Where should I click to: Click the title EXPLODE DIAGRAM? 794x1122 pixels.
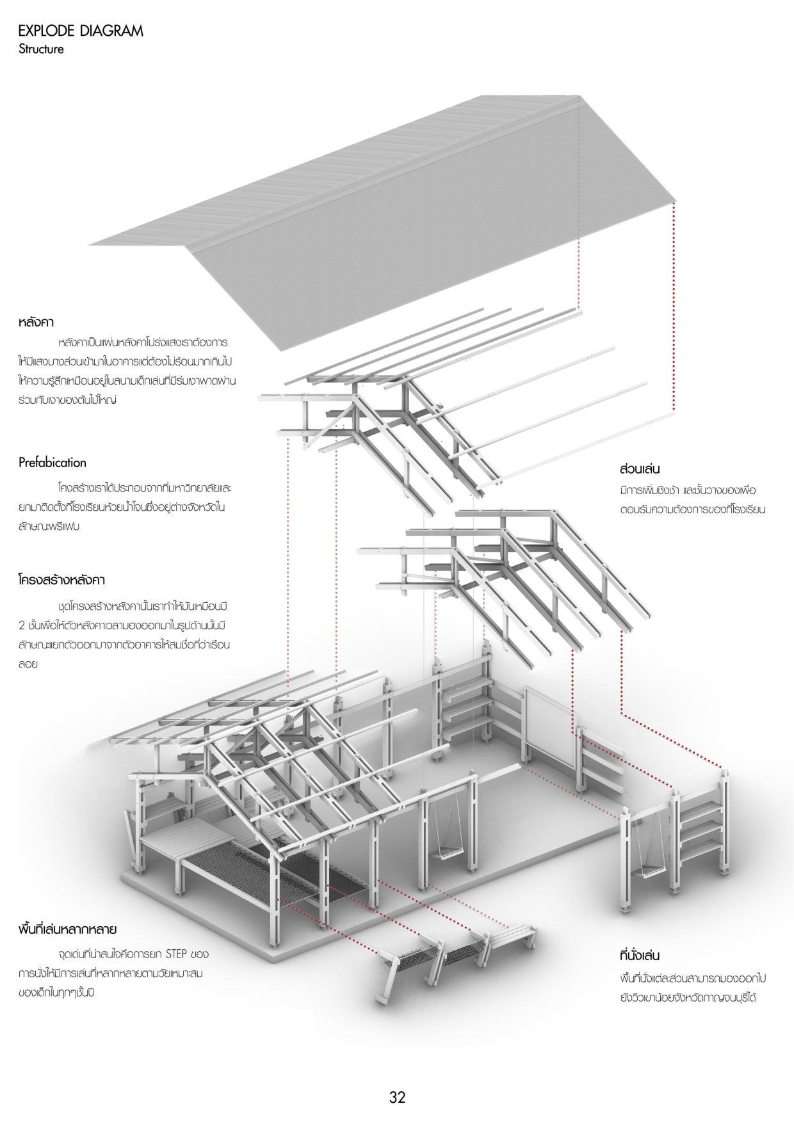pos(81,31)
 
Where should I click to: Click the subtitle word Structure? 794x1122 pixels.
pos(41,49)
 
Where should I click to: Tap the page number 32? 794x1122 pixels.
pos(397,1097)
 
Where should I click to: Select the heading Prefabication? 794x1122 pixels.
pos(52,462)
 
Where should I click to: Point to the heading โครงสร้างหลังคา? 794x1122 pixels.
pos(61,580)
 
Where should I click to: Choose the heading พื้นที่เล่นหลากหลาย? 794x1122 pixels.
pos(67,929)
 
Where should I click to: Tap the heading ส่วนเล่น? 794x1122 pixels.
pos(640,469)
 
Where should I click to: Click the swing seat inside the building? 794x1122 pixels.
pos(448,849)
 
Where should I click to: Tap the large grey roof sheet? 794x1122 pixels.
pos(384,224)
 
